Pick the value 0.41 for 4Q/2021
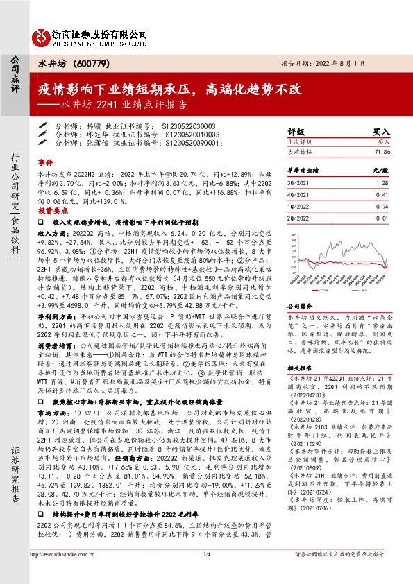coord(382,196)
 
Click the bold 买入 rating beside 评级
coord(380,130)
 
